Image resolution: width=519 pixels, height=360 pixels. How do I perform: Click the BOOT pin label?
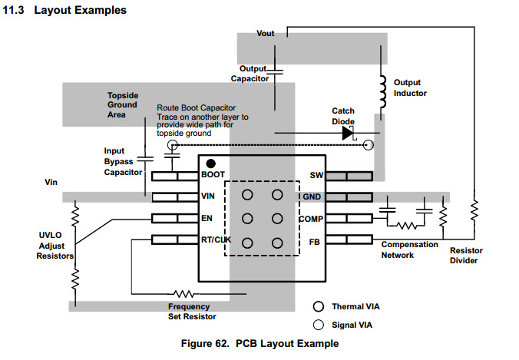pos(213,175)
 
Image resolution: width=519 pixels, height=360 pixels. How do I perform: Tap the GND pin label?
pos(312,197)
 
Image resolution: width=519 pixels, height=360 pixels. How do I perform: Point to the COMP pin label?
pos(311,219)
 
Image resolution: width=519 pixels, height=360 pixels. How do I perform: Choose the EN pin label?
pos(207,219)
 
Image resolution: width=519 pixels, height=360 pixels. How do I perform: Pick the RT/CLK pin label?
pos(216,240)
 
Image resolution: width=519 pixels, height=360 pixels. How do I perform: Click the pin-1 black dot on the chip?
pos(210,163)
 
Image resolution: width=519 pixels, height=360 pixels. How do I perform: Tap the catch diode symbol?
pos(348,133)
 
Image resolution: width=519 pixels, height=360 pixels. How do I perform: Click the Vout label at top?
pos(265,35)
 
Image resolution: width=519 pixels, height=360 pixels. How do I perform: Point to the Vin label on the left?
pos(52,183)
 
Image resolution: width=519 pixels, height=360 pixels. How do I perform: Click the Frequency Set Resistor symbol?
pos(183,293)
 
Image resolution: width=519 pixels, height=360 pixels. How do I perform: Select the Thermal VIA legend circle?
pos(318,306)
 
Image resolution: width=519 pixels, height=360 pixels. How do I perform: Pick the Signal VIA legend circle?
pos(318,323)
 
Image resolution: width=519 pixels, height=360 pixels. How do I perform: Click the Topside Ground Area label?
pos(122,104)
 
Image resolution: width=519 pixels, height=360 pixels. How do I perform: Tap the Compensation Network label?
pos(409,249)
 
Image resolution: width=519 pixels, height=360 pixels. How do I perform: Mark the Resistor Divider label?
pos(466,255)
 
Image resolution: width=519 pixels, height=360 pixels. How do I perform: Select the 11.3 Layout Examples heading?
pos(66,11)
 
